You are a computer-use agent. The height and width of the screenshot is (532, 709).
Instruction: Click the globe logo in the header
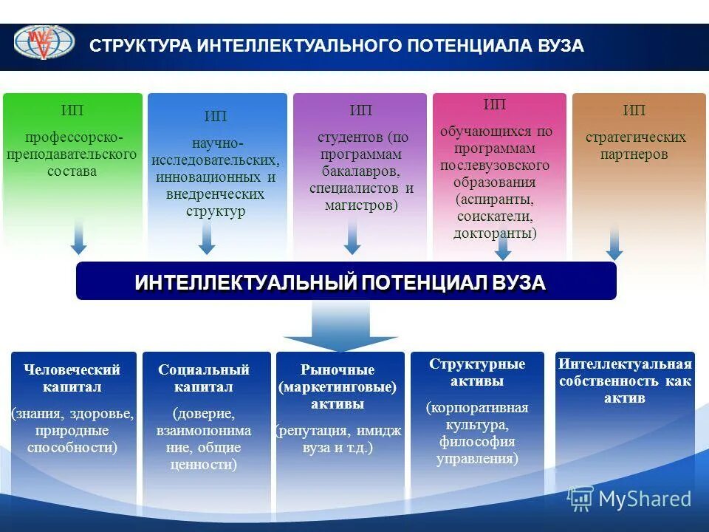tap(44, 42)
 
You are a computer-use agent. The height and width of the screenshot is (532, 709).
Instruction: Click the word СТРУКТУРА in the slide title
tap(140, 47)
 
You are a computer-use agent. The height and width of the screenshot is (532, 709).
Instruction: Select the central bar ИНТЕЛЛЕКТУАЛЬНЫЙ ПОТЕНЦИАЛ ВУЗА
tap(346, 282)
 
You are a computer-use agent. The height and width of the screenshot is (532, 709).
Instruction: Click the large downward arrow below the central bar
tap(340, 325)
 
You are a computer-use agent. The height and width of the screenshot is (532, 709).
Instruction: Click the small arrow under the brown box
tap(614, 242)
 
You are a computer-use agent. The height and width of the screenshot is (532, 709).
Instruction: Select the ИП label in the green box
tap(72, 111)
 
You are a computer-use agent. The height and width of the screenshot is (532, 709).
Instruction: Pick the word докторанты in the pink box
tap(494, 233)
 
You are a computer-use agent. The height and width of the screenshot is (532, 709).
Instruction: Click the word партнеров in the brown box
tap(636, 154)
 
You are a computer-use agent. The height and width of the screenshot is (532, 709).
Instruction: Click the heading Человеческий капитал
tap(72, 378)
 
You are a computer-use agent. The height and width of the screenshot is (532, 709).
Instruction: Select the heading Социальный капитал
tap(204, 378)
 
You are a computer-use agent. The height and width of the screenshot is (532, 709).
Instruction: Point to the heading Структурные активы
tap(477, 372)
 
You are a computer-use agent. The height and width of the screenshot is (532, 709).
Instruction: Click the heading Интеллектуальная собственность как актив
tap(625, 381)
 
